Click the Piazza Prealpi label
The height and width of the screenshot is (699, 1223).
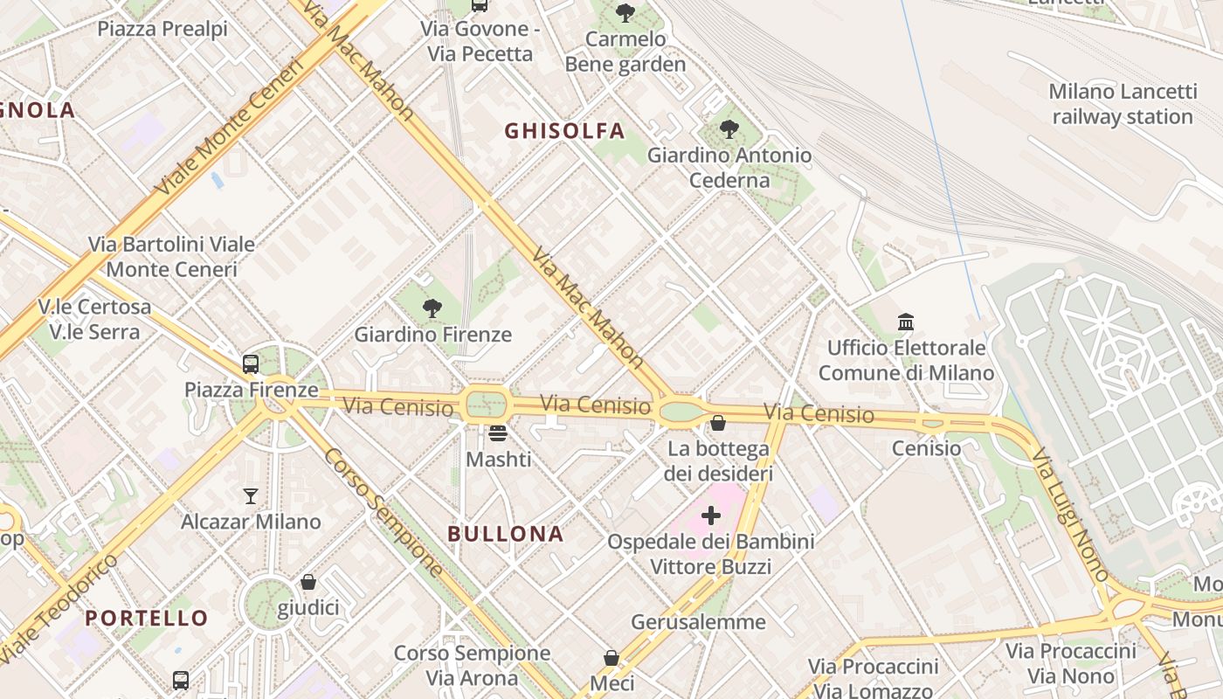click(x=162, y=29)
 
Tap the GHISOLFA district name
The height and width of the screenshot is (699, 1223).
click(x=564, y=131)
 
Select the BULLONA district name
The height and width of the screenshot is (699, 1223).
click(x=506, y=534)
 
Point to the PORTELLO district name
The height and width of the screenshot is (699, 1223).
click(x=147, y=618)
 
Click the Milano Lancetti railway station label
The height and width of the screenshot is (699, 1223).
click(x=1122, y=104)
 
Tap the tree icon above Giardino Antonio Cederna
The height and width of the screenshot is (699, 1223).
click(x=729, y=129)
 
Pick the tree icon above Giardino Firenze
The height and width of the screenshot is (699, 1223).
click(x=432, y=308)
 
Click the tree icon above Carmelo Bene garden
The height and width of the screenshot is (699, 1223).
click(x=625, y=12)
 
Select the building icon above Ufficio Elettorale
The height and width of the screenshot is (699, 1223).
click(x=906, y=322)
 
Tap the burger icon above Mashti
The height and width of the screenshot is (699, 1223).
click(x=498, y=433)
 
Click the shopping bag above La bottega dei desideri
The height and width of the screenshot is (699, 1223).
click(x=718, y=423)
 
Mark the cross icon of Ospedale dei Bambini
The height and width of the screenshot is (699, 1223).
click(x=711, y=516)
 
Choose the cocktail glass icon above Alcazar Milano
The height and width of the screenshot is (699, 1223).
click(x=251, y=496)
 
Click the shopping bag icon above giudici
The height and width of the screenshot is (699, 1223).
click(x=308, y=582)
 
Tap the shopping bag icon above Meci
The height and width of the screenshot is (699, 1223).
click(x=611, y=657)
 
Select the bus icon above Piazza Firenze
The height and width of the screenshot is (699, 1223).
click(x=251, y=364)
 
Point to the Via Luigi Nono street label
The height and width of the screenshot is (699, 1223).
click(x=1069, y=515)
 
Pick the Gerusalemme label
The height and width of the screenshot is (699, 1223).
click(x=698, y=622)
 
